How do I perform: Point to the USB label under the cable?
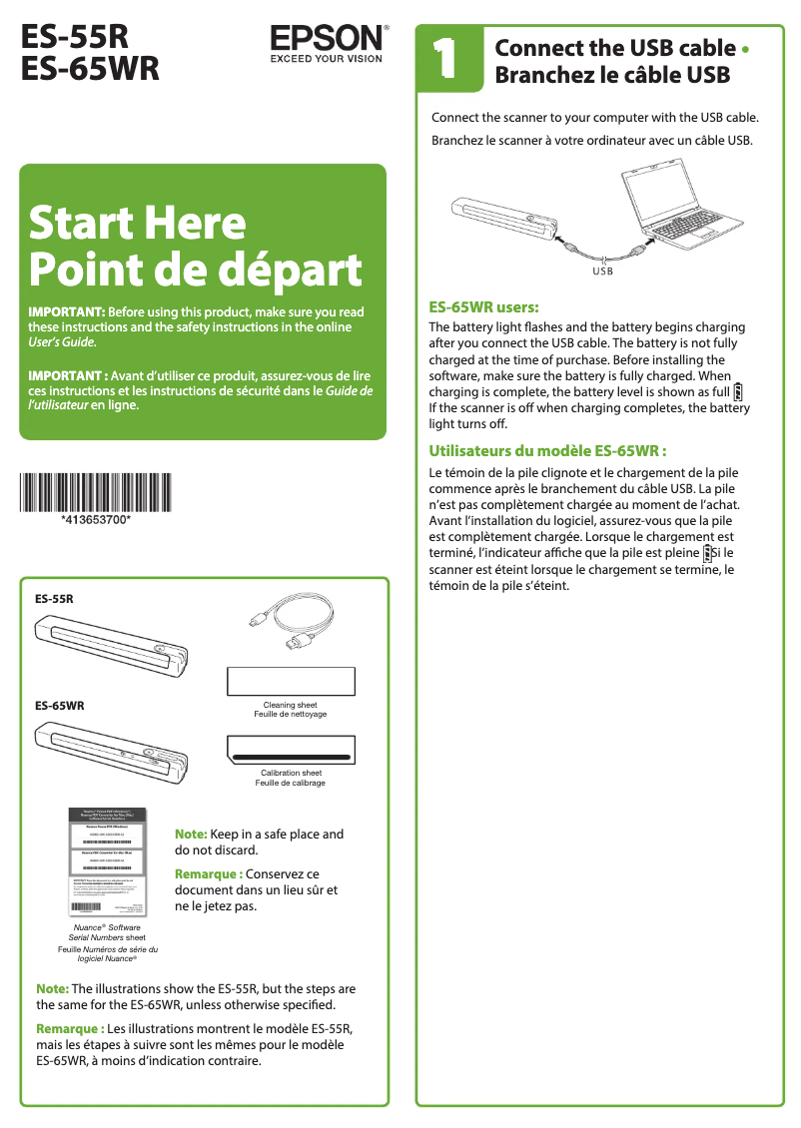[x=602, y=271]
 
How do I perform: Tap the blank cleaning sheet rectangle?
[x=291, y=681]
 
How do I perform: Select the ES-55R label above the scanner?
[x=55, y=599]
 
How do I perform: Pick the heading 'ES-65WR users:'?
[x=483, y=308]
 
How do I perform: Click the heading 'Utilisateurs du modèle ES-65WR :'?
[x=546, y=451]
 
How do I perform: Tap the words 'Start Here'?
[x=137, y=223]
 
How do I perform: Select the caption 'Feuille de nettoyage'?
[x=291, y=715]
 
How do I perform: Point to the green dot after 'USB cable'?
[x=747, y=49]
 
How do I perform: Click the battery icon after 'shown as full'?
[x=738, y=391]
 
